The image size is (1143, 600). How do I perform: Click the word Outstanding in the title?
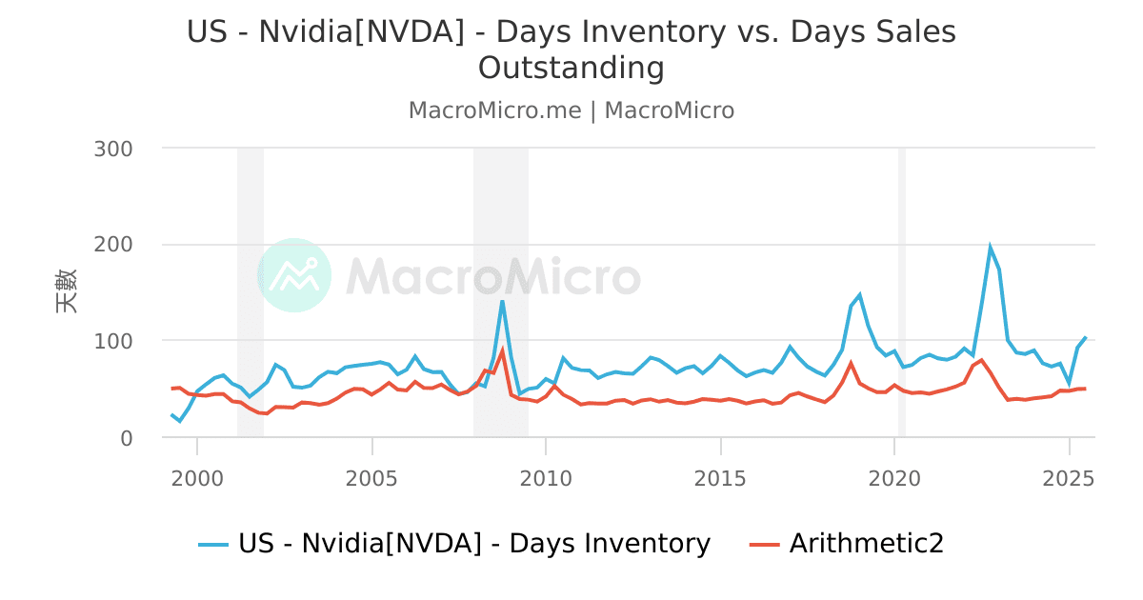[571, 69]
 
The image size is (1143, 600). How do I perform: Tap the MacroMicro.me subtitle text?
[494, 110]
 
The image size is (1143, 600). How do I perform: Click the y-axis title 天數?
[66, 291]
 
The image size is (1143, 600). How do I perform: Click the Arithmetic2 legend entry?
[866, 544]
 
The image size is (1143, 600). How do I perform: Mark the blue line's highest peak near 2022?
[990, 247]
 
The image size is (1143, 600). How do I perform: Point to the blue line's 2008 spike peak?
[502, 301]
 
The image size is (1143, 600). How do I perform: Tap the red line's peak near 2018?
[851, 362]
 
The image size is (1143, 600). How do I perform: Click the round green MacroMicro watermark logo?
[294, 275]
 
